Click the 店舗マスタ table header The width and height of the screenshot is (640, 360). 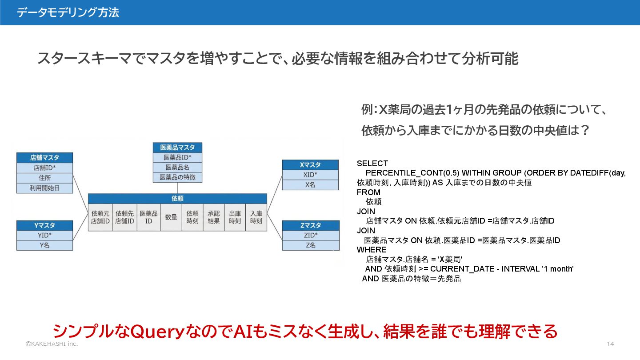[x=44, y=158]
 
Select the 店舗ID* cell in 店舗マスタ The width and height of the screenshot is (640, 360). [x=44, y=168]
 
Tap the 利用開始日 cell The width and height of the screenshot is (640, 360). [x=44, y=188]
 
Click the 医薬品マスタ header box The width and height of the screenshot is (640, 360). [x=177, y=148]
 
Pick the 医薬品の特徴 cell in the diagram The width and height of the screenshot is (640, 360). [x=177, y=177]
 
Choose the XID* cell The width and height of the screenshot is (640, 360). [x=310, y=175]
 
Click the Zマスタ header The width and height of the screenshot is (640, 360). [x=310, y=226]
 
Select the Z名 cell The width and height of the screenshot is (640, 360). [x=310, y=245]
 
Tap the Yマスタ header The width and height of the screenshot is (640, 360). [x=44, y=226]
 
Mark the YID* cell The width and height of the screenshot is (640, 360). [x=44, y=236]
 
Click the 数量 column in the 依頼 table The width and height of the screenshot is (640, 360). [x=171, y=217]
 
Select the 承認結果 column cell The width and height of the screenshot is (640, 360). [x=213, y=217]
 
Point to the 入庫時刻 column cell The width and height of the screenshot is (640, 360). [x=256, y=217]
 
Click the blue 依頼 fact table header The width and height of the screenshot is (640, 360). [x=177, y=199]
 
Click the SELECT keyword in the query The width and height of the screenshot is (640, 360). [x=372, y=164]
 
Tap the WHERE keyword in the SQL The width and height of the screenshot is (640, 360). [x=372, y=250]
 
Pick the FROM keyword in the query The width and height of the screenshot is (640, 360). [x=368, y=192]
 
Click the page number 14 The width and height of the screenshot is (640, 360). [x=610, y=344]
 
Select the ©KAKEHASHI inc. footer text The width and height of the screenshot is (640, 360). [x=52, y=344]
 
